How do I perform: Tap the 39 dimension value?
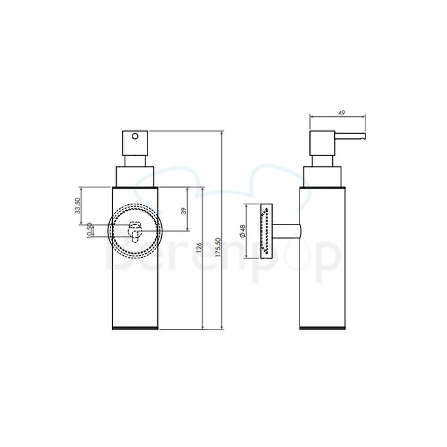click(x=184, y=210)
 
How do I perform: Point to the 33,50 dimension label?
click(x=76, y=206)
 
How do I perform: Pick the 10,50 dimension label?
click(x=89, y=230)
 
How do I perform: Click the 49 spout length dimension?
click(x=340, y=112)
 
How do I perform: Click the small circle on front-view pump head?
click(x=135, y=137)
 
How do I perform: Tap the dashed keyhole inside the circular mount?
click(x=135, y=232)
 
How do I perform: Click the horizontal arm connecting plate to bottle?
click(x=286, y=232)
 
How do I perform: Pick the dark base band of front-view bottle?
click(x=135, y=328)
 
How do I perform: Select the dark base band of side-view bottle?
click(x=322, y=328)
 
